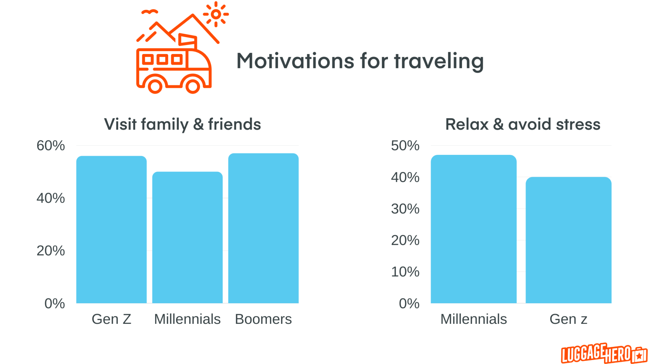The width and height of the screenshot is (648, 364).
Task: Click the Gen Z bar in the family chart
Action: [x=111, y=229]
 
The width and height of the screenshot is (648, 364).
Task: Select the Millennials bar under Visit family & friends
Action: [x=187, y=237]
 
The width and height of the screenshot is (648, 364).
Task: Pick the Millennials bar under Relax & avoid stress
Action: [x=473, y=229]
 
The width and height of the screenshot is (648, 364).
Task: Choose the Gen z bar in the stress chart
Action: [x=568, y=240]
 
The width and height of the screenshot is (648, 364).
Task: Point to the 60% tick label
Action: [x=51, y=146]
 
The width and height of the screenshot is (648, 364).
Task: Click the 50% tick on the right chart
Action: [x=405, y=146]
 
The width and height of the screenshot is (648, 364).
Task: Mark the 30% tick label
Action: [x=405, y=209]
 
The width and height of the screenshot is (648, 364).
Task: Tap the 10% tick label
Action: [x=405, y=272]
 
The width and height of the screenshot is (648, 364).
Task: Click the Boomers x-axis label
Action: [x=263, y=319]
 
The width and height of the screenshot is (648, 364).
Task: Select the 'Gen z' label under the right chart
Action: [x=568, y=319]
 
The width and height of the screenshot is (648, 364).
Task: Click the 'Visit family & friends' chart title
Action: [x=183, y=124]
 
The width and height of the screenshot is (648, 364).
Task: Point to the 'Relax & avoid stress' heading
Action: [x=523, y=124]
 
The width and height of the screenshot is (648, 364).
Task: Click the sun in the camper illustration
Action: [x=216, y=14]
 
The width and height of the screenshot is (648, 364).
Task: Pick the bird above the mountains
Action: [x=149, y=12]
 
